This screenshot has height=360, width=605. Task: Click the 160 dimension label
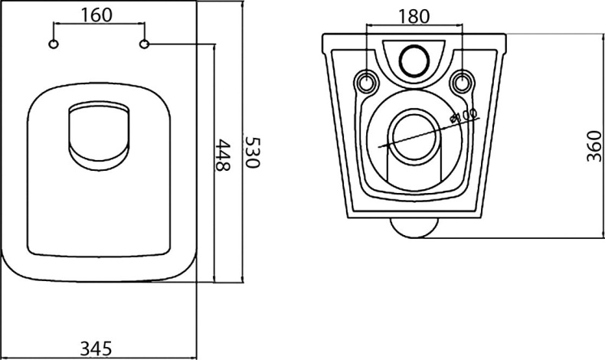(96, 15)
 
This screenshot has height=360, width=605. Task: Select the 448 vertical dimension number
(222, 155)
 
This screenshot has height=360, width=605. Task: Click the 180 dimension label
(414, 16)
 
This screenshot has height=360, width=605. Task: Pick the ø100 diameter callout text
(465, 118)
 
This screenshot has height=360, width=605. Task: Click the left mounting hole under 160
(53, 44)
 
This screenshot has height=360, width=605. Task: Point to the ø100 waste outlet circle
(414, 136)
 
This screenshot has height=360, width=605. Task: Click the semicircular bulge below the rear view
(414, 227)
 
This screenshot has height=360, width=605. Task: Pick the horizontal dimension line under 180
(414, 29)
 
